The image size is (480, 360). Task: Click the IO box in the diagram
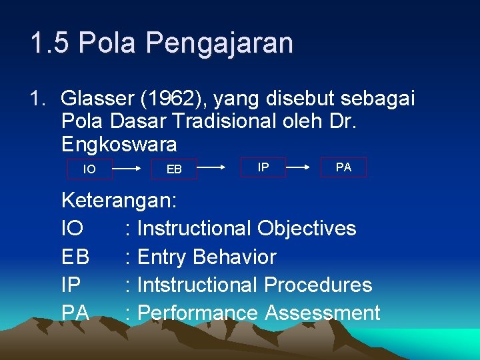[89, 169]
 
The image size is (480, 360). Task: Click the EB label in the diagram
[174, 169]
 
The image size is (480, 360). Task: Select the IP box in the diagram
[263, 167]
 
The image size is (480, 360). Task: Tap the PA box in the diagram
[343, 167]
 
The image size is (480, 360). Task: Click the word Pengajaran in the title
[219, 43]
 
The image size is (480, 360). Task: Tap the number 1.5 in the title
[51, 43]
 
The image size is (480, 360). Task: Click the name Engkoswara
[119, 143]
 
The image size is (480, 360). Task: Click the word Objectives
[307, 228]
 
